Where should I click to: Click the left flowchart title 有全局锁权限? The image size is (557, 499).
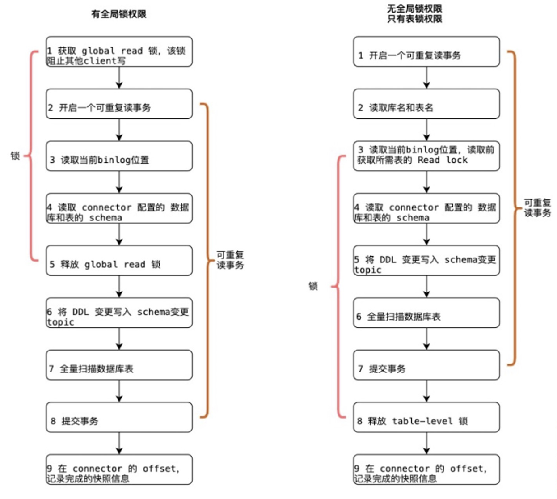pyautogui.click(x=119, y=14)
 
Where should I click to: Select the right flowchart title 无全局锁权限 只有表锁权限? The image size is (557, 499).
pyautogui.click(x=414, y=14)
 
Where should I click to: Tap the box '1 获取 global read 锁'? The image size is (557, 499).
pyautogui.click(x=119, y=52)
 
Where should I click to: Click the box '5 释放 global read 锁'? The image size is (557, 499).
pyautogui.click(x=119, y=261)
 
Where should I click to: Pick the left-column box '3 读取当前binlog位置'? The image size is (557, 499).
pyautogui.click(x=119, y=156)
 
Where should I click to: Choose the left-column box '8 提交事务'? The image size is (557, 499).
pyautogui.click(x=119, y=417)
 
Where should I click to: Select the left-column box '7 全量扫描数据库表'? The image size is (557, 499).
pyautogui.click(x=119, y=365)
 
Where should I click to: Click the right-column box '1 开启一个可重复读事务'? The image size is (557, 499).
pyautogui.click(x=426, y=52)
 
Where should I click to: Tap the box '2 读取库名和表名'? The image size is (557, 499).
pyautogui.click(x=426, y=104)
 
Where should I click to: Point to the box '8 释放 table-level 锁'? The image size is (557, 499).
pyautogui.click(x=426, y=417)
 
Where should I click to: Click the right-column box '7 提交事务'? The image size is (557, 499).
pyautogui.click(x=426, y=365)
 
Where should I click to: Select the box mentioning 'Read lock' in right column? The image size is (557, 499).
pyautogui.click(x=426, y=156)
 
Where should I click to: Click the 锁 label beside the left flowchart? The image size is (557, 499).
pyautogui.click(x=15, y=156)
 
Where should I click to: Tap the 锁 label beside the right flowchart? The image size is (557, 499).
pyautogui.click(x=313, y=286)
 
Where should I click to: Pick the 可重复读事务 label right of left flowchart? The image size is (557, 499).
pyautogui.click(x=230, y=260)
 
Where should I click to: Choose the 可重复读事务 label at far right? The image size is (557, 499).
pyautogui.click(x=537, y=208)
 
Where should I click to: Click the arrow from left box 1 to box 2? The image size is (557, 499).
pyautogui.click(x=119, y=78)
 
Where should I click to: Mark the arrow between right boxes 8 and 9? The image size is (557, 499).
pyautogui.click(x=426, y=444)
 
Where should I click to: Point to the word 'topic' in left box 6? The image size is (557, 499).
pyautogui.click(x=60, y=322)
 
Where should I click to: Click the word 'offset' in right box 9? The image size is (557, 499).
pyautogui.click(x=466, y=469)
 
